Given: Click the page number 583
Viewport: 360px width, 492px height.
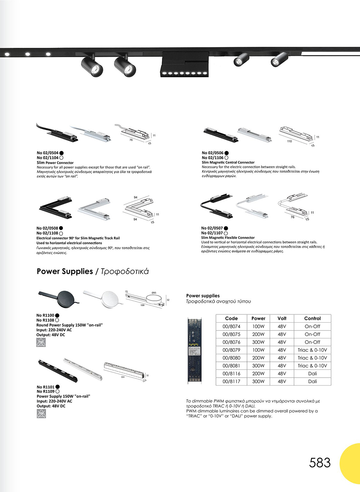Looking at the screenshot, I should [320, 463].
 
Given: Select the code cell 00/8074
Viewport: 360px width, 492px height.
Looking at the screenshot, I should [231, 327].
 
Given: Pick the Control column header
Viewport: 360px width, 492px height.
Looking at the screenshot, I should [312, 318].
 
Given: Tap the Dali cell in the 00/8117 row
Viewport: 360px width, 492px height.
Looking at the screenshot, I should [312, 381].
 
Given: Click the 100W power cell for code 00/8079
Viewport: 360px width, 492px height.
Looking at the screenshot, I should [258, 350].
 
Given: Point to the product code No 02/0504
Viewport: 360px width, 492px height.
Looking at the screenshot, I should [48, 153].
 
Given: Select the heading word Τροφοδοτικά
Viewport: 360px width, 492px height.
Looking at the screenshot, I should [125, 272].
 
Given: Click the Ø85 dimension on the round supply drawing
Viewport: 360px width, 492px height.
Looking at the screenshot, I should [154, 293].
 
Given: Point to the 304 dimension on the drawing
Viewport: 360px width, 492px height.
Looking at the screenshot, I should [122, 377].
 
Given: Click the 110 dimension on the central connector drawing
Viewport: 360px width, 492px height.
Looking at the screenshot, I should [289, 141].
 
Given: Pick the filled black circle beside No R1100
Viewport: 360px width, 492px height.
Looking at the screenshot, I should [57, 315].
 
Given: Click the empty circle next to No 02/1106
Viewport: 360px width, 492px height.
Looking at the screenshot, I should [226, 158].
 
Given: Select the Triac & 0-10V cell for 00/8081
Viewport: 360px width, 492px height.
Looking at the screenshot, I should [312, 366].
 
